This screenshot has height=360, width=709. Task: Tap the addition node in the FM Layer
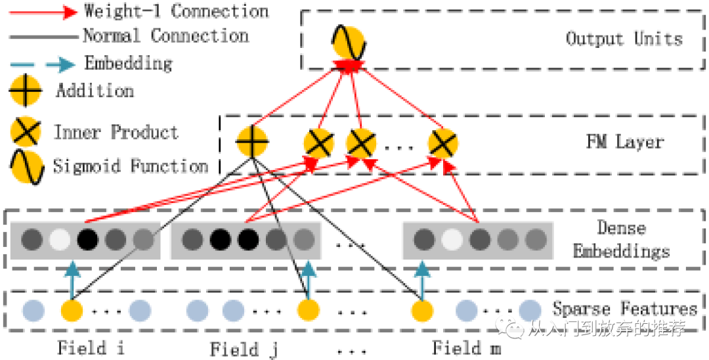[x=252, y=141]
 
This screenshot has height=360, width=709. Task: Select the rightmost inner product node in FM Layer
[x=442, y=143]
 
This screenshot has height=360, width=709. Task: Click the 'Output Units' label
[x=624, y=39]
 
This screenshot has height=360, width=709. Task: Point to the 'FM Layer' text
[x=624, y=142]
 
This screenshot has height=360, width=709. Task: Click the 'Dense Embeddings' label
[x=621, y=240]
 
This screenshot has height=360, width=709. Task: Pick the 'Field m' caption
[x=466, y=348]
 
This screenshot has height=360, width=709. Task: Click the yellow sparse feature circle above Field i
[x=72, y=310]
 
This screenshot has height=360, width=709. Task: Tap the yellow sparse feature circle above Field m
[x=422, y=310]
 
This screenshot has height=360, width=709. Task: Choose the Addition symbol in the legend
[x=26, y=91]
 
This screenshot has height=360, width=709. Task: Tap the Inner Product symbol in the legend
[x=27, y=133]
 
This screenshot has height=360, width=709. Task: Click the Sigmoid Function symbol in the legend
[x=27, y=166]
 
